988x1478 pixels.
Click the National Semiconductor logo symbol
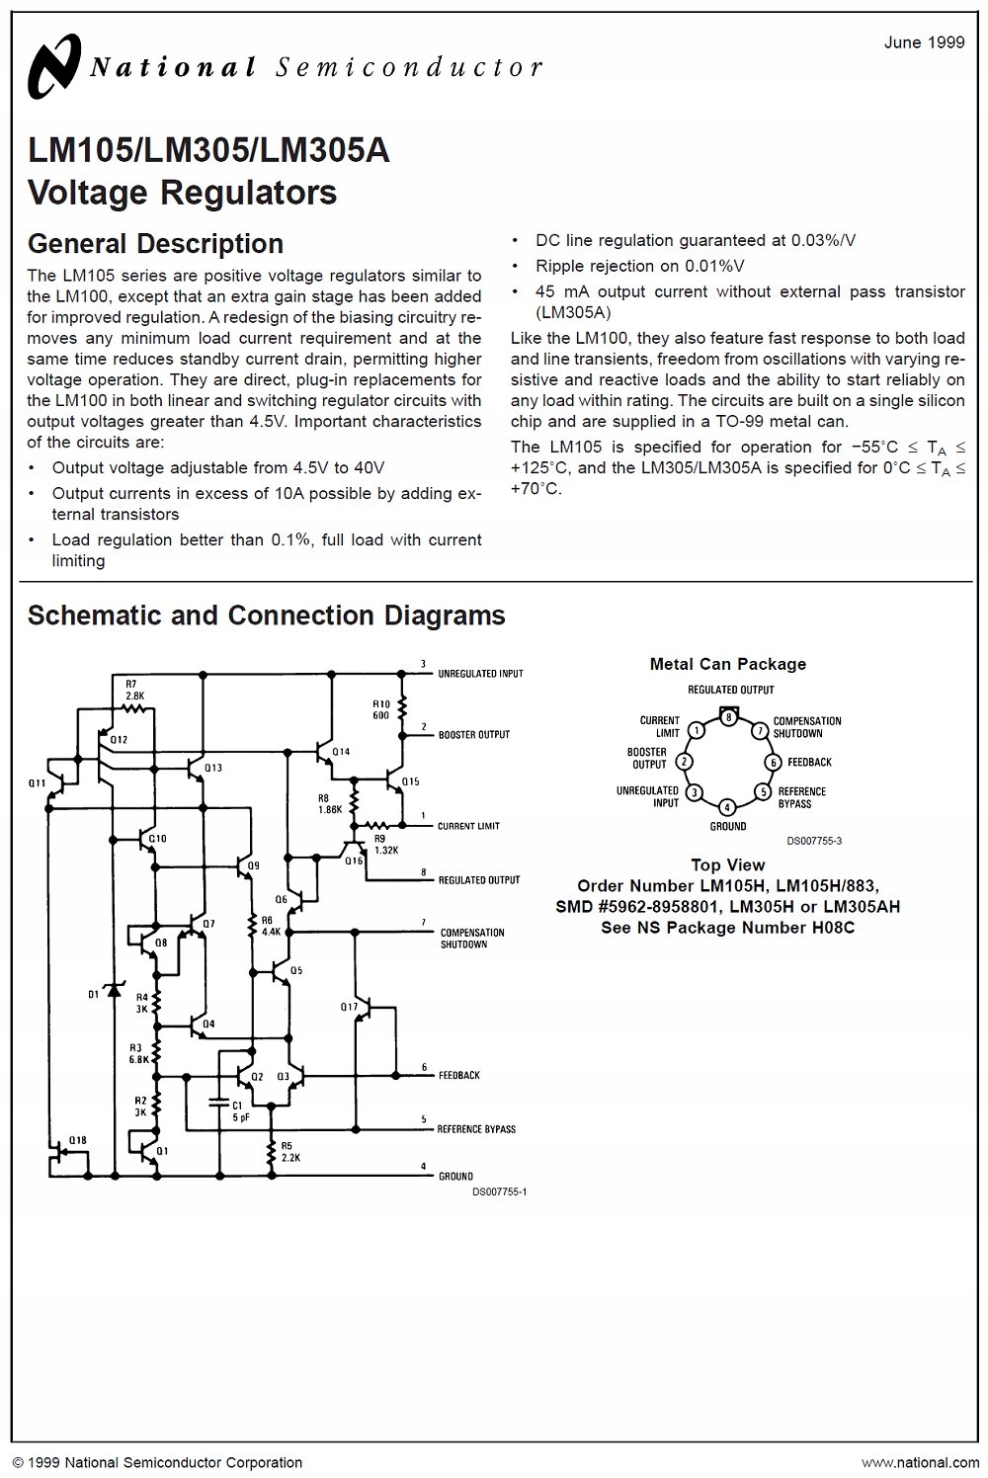[x=54, y=66]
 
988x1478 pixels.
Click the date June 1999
[x=924, y=42]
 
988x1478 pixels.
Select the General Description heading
[x=155, y=244]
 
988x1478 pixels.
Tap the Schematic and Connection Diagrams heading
[x=266, y=615]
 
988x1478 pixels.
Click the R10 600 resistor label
[x=380, y=709]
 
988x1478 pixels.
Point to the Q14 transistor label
[x=341, y=752]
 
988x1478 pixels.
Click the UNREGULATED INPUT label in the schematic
[x=480, y=674]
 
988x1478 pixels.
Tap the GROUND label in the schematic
[x=455, y=1176]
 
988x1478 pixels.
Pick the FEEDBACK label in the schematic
[x=459, y=1075]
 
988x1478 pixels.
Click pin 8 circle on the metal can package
[x=728, y=717]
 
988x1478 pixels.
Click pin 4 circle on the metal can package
[x=727, y=806]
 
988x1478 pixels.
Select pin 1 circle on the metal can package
[x=697, y=730]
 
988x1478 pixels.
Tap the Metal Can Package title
[x=728, y=664]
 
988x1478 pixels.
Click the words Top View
[x=727, y=864]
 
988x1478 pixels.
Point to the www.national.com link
[x=921, y=1462]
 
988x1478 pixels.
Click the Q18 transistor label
[x=77, y=1139]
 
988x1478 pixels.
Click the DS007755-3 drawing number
[x=814, y=841]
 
